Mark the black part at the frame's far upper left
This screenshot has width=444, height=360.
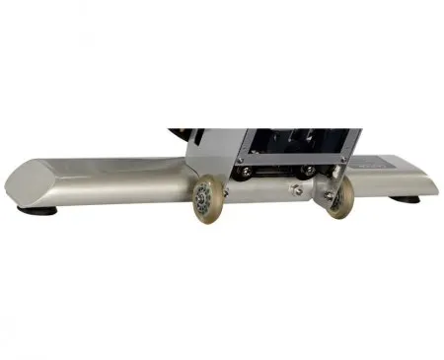pyautogui.click(x=178, y=131)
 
